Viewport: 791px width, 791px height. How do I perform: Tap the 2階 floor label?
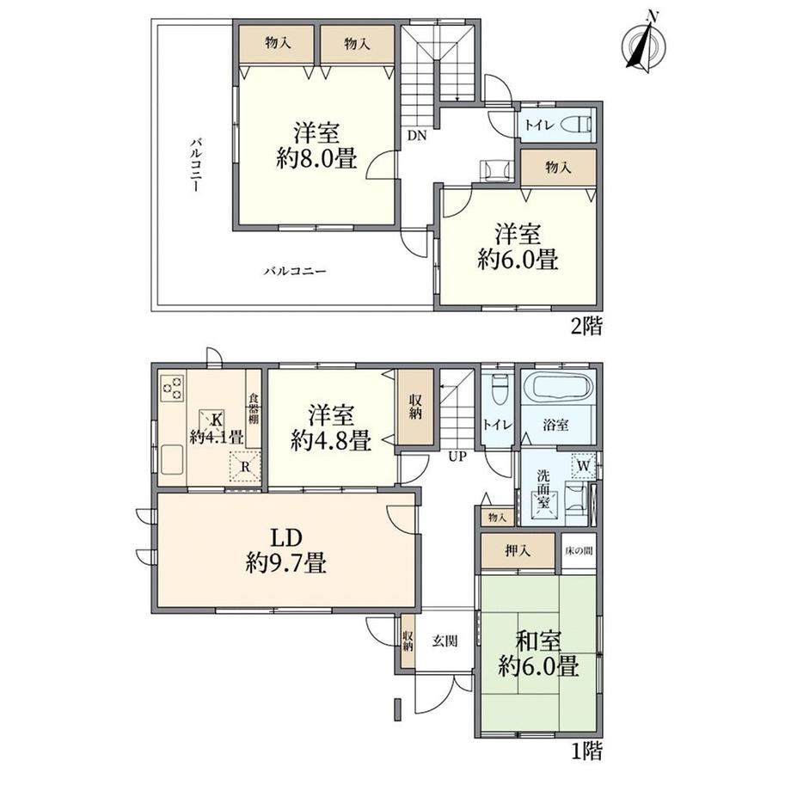coord(586,327)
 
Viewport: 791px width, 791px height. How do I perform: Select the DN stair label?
coord(417,135)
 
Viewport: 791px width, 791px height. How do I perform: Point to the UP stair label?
coord(457,457)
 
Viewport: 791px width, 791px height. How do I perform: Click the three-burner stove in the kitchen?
coord(172,388)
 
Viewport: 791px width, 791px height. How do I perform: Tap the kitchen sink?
coord(171,460)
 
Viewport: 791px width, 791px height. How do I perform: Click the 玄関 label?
coord(445,641)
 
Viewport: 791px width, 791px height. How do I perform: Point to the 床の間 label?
coord(579,550)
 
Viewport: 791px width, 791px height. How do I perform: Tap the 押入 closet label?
coord(518,551)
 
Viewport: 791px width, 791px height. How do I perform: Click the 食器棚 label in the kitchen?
coord(253,408)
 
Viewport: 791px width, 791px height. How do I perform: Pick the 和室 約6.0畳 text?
coord(538,654)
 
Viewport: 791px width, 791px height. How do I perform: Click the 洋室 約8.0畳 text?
coord(316,145)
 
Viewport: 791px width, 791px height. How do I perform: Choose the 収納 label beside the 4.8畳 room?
coord(415,408)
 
